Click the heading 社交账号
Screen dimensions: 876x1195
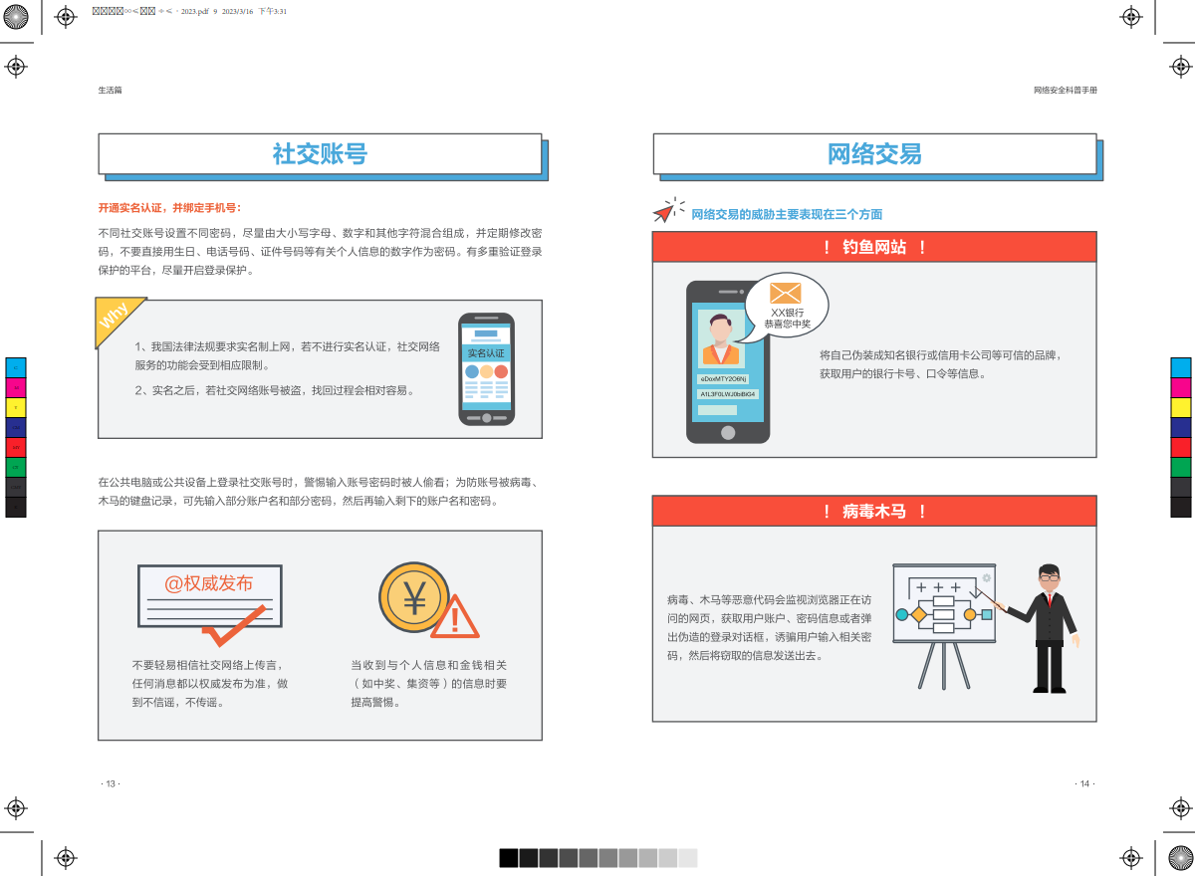[x=320, y=154]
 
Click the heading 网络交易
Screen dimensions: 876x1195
[x=874, y=154]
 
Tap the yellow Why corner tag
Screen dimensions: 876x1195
[x=115, y=318]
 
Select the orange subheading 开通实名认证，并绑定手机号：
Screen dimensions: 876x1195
[x=169, y=208]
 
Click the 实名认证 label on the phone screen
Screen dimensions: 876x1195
[x=486, y=353]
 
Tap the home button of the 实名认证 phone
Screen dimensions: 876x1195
[x=486, y=418]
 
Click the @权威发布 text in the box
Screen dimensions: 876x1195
[x=208, y=583]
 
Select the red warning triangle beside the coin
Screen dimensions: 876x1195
[x=455, y=619]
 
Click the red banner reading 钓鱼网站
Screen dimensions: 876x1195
[x=874, y=247]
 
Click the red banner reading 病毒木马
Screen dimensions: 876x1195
[x=874, y=512]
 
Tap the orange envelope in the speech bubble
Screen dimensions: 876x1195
[x=786, y=293]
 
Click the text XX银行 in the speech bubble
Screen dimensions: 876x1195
[x=787, y=313]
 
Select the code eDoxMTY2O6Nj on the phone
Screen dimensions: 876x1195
[x=723, y=379]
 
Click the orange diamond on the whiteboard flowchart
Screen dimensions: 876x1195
[x=918, y=614]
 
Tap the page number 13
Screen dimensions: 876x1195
[x=111, y=783]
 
